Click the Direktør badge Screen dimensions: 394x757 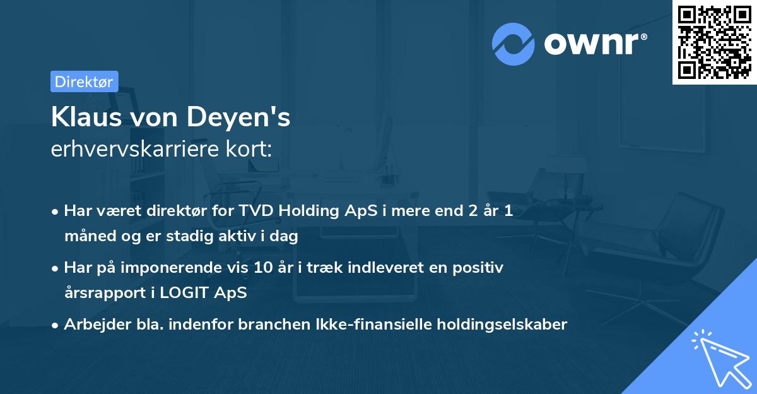tap(84, 81)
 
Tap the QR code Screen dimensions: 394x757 tap(714, 42)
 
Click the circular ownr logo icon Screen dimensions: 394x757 tap(513, 44)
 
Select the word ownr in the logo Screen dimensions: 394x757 tap(595, 44)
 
